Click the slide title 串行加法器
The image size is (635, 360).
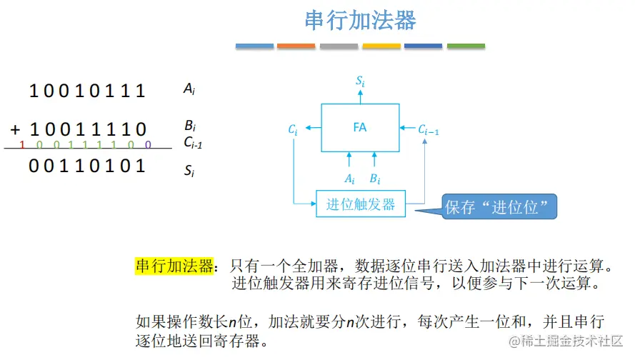pyautogui.click(x=360, y=20)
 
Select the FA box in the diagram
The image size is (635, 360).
pyautogui.click(x=360, y=127)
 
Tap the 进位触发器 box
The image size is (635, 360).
pyautogui.click(x=361, y=204)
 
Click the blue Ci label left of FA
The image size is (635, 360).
pyautogui.click(x=293, y=130)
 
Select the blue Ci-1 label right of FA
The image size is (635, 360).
pyautogui.click(x=429, y=129)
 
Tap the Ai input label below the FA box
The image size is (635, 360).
pyautogui.click(x=349, y=178)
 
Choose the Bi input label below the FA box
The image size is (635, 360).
pyautogui.click(x=374, y=178)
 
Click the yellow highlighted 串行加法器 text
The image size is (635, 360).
pyautogui.click(x=174, y=266)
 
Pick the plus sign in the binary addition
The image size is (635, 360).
pyautogui.click(x=15, y=129)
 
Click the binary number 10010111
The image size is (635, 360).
pyautogui.click(x=87, y=91)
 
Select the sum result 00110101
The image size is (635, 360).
pyautogui.click(x=87, y=166)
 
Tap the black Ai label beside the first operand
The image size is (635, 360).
pyautogui.click(x=189, y=89)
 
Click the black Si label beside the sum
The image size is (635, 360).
pyautogui.click(x=189, y=171)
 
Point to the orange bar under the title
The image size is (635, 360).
pyautogui.click(x=296, y=46)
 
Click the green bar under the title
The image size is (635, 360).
pyautogui.click(x=466, y=46)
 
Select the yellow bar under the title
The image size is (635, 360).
pyautogui.click(x=381, y=46)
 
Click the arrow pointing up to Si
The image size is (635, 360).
pyautogui.click(x=361, y=96)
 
